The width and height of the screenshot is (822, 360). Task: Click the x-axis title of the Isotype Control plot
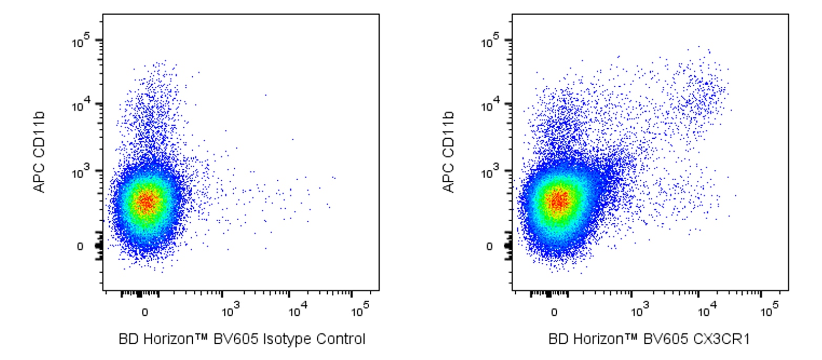pyautogui.click(x=242, y=340)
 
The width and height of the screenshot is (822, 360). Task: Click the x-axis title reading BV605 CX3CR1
pyautogui.click(x=649, y=340)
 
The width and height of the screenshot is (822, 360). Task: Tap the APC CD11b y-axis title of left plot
pyautogui.click(x=40, y=152)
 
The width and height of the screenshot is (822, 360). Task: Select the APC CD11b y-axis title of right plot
pyautogui.click(x=449, y=152)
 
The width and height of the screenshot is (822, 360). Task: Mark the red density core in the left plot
pyautogui.click(x=146, y=201)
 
